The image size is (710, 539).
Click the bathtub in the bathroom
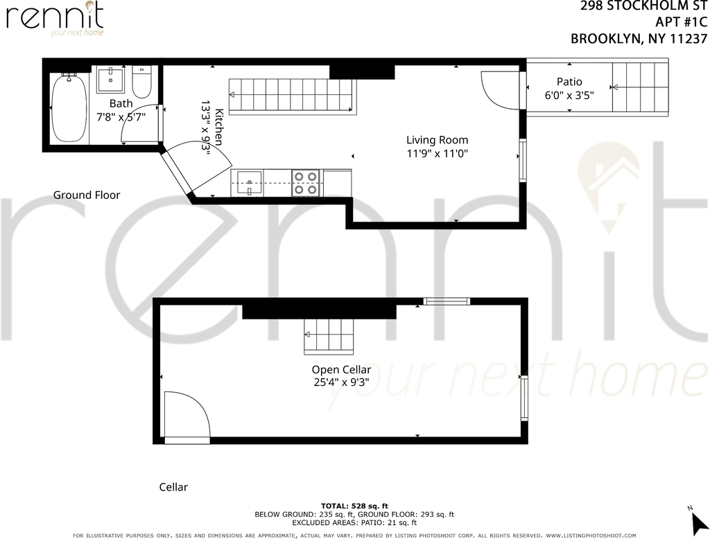click(x=69, y=107)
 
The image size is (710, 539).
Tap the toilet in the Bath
click(x=141, y=82)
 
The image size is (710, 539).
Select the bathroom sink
click(x=110, y=80)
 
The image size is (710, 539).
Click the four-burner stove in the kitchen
click(x=306, y=183)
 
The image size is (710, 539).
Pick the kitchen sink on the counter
click(x=249, y=183)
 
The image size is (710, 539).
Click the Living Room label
click(x=437, y=140)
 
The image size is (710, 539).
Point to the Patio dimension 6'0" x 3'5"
click(x=569, y=96)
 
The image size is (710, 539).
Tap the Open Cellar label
click(x=341, y=370)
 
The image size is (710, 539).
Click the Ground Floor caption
click(x=87, y=195)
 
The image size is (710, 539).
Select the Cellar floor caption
click(x=173, y=487)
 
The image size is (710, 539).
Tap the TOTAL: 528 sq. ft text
click(x=354, y=506)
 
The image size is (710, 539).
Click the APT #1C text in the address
click(x=681, y=21)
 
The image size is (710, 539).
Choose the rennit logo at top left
click(x=55, y=19)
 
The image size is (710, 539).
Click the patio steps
click(x=640, y=87)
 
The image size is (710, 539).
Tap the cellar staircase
click(x=328, y=335)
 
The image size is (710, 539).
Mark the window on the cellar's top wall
click(x=447, y=301)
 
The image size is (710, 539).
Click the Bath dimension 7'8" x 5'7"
click(x=121, y=117)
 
